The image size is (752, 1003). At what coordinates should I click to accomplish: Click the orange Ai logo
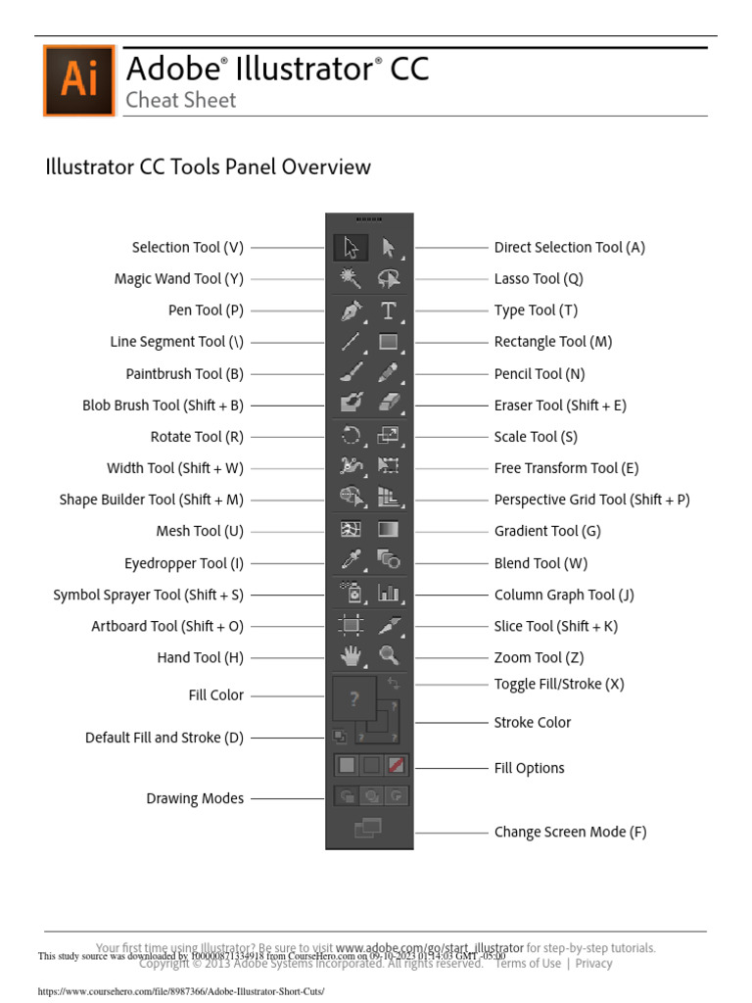point(78,80)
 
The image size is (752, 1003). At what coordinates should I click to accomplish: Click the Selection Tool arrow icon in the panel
point(351,248)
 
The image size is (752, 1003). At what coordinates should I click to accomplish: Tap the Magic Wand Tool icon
point(351,279)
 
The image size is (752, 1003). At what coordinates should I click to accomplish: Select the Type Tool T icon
point(389,310)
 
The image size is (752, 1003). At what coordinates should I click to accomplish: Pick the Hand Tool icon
point(351,657)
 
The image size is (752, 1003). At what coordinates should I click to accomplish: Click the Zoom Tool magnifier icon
point(389,657)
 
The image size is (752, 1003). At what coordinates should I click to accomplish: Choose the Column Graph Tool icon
point(389,594)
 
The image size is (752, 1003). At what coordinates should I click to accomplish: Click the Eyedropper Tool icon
point(351,562)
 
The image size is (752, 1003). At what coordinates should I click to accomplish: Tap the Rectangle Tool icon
point(389,342)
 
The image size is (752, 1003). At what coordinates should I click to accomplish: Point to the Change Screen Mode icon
point(369,830)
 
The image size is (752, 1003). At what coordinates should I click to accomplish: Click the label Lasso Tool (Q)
point(539,279)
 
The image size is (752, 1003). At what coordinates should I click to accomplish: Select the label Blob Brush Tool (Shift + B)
point(163,405)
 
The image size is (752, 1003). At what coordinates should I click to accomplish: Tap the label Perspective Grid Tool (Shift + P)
point(591,500)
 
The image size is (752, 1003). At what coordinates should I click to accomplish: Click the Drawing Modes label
point(195,798)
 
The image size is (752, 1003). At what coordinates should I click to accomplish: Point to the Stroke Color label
point(533,722)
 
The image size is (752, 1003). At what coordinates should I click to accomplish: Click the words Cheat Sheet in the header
point(181,100)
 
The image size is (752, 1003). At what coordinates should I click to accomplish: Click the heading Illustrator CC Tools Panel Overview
point(209,167)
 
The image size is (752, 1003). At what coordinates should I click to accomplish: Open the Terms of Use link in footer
point(528,963)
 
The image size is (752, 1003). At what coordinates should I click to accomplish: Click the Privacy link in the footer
point(593,963)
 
